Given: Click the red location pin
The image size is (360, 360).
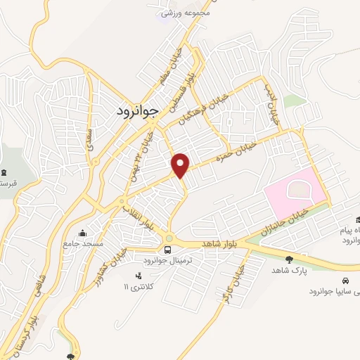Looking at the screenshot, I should tap(181, 165).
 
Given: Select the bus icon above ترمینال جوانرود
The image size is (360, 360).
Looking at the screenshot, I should tap(168, 250).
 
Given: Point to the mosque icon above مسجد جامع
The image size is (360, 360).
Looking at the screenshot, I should tap(83, 233).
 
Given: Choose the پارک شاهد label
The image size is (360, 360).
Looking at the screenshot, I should tap(288, 270).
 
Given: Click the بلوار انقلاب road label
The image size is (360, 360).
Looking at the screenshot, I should tap(137, 217).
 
